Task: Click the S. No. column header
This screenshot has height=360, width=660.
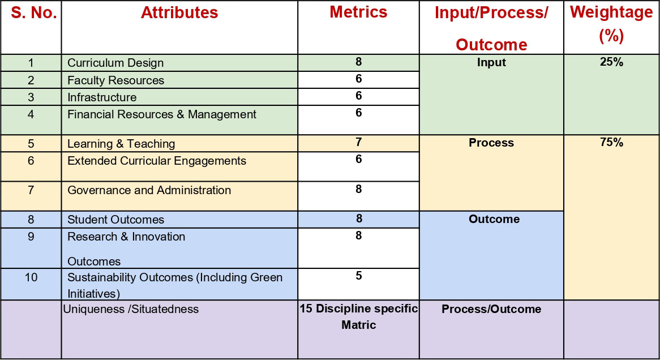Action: [x=33, y=12]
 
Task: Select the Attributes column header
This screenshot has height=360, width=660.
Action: [x=179, y=12]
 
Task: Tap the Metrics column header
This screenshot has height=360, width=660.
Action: [x=358, y=12]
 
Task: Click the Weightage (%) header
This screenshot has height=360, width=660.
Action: [x=611, y=24]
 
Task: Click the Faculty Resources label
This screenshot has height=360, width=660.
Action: [x=115, y=80]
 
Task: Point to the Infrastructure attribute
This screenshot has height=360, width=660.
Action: [x=102, y=97]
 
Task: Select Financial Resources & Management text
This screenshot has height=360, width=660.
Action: [x=162, y=114]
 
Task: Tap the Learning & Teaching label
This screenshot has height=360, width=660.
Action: [x=121, y=144]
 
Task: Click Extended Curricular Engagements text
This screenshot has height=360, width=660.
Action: [x=157, y=161]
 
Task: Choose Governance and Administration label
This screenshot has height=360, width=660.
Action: [x=149, y=190]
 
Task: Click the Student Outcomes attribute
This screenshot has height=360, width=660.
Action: [x=115, y=220]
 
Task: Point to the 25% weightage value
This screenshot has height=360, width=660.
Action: [x=611, y=62]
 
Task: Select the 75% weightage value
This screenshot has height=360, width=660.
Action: [x=611, y=142]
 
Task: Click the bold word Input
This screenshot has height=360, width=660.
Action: [x=491, y=62]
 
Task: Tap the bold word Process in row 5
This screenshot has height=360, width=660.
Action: [x=491, y=143]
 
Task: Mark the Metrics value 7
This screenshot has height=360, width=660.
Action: [x=359, y=142]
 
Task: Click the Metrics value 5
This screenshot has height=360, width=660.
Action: [x=359, y=275]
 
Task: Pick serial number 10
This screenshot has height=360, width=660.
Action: [x=31, y=277]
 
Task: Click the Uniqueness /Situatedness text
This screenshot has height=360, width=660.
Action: [x=131, y=309]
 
